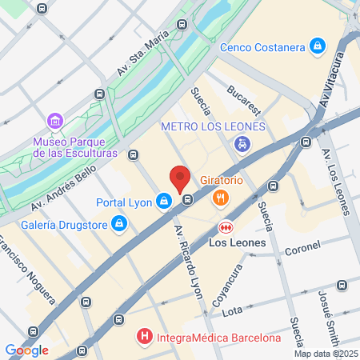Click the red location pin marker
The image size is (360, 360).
click(180, 178)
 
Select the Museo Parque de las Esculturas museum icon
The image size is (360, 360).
click(55, 122)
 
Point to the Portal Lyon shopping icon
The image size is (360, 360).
click(164, 201)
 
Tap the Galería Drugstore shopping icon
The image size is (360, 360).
click(119, 222)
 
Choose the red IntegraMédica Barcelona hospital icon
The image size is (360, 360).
click(144, 338)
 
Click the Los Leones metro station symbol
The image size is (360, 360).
click(226, 227)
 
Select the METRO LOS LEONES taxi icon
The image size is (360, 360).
click(242, 145)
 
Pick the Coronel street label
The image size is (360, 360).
click(302, 248)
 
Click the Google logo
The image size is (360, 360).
click(26, 349)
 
